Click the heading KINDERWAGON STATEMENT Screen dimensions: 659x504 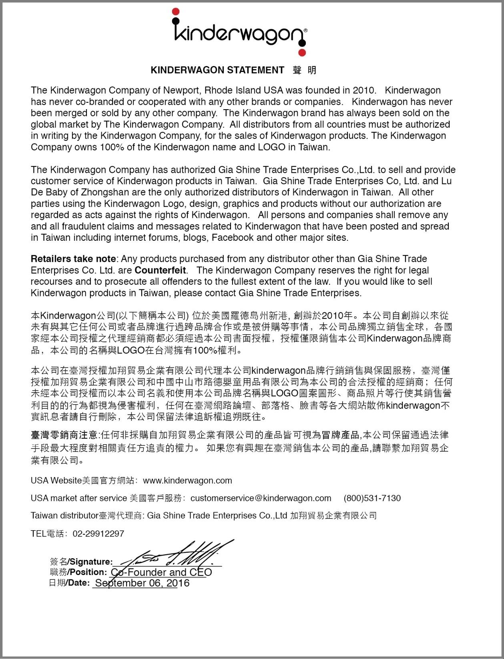tap(217, 70)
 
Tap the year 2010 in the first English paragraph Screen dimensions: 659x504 tap(363, 90)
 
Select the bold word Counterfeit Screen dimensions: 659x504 tap(160, 270)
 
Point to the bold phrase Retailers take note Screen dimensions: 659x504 tap(73, 259)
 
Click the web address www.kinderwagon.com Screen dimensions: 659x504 tap(187, 481)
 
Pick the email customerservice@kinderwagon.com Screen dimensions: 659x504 tap(261, 498)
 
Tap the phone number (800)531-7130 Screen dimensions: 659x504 tap(372, 498)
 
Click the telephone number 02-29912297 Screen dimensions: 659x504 tap(98, 534)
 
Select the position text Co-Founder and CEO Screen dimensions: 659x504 tap(161, 572)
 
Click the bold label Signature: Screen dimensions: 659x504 tap(91, 562)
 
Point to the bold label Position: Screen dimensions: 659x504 tap(88, 572)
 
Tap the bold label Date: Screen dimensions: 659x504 tap(78, 583)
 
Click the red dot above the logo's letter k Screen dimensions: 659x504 tap(175, 12)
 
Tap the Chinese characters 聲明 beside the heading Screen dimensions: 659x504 tap(305, 70)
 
